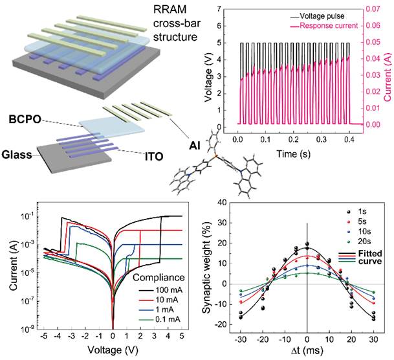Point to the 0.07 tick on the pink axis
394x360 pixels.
tap(373, 9)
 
